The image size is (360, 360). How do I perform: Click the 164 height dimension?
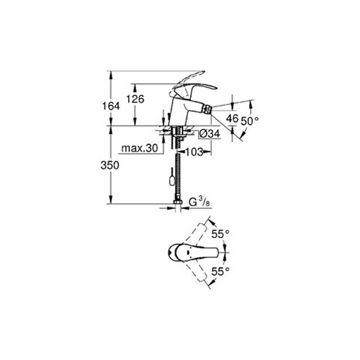[x=111, y=106]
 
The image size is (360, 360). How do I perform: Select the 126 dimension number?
[x=135, y=99]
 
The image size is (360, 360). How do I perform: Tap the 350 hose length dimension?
[x=110, y=165]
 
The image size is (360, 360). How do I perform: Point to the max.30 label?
[x=139, y=148]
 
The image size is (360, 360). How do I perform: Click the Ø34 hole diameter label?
[x=209, y=134]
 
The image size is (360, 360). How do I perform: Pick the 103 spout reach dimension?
[x=194, y=152]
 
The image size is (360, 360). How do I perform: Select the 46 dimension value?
[x=232, y=119]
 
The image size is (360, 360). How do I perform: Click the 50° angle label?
[x=250, y=121]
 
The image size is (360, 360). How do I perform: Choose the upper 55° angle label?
[x=220, y=234]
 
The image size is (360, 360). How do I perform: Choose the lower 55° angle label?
[x=220, y=272]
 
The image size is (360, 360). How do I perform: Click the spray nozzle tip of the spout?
[x=208, y=110]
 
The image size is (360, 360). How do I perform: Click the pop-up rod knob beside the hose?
[x=171, y=180]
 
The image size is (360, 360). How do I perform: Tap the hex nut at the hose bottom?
[x=178, y=202]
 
